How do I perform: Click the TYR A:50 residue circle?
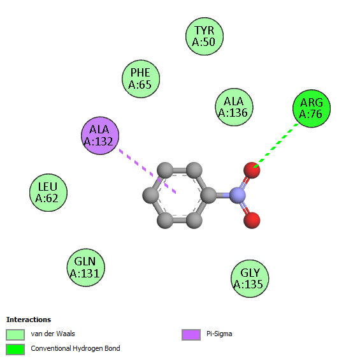[x=205, y=36]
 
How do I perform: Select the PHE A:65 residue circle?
[x=141, y=79]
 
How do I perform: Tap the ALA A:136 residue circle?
[x=234, y=107]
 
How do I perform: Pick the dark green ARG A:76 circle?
[x=312, y=108]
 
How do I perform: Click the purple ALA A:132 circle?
[x=100, y=136]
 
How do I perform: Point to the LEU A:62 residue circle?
[x=48, y=193]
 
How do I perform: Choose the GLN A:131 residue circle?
[x=85, y=267]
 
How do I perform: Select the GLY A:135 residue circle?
[x=250, y=279]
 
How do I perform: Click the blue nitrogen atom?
[x=238, y=195]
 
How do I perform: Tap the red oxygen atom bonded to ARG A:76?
[x=252, y=170]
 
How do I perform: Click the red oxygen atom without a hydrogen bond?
[x=252, y=220]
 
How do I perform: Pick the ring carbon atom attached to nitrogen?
[x=208, y=195]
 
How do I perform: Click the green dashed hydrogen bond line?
[x=276, y=145]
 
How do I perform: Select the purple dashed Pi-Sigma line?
[x=147, y=172]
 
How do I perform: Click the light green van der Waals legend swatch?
[x=15, y=334]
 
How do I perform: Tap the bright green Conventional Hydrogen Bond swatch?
[x=15, y=350]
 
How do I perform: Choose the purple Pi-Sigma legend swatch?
[x=191, y=334]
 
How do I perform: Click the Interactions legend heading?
[x=29, y=320]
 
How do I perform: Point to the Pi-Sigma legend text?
[x=219, y=334]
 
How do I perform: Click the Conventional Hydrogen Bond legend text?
[x=75, y=349]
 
